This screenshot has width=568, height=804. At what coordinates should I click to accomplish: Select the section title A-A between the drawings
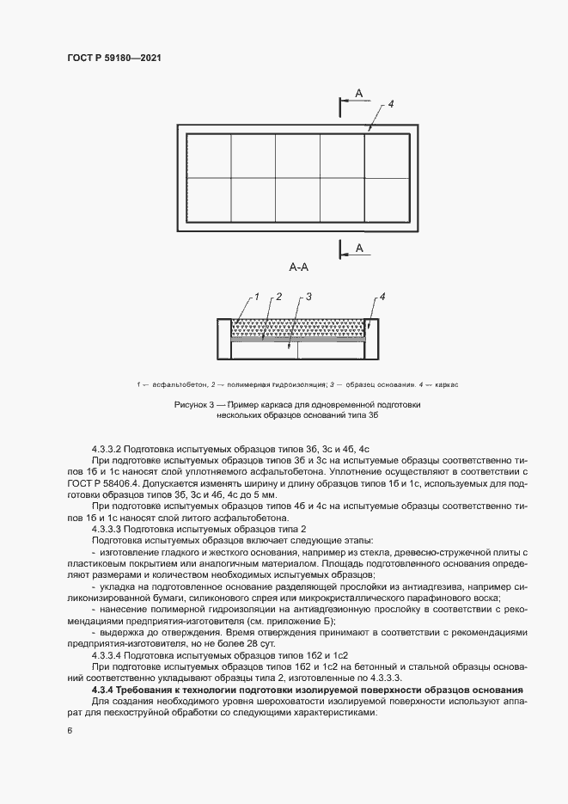click(299, 267)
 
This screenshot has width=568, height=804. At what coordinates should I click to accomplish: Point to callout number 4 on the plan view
click(390, 104)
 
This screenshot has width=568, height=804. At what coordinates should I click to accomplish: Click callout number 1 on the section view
click(254, 297)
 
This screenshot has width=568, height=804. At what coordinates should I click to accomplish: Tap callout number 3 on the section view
click(308, 297)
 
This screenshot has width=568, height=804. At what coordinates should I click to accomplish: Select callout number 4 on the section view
click(382, 297)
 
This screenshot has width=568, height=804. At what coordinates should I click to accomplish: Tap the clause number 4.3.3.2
click(111, 450)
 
